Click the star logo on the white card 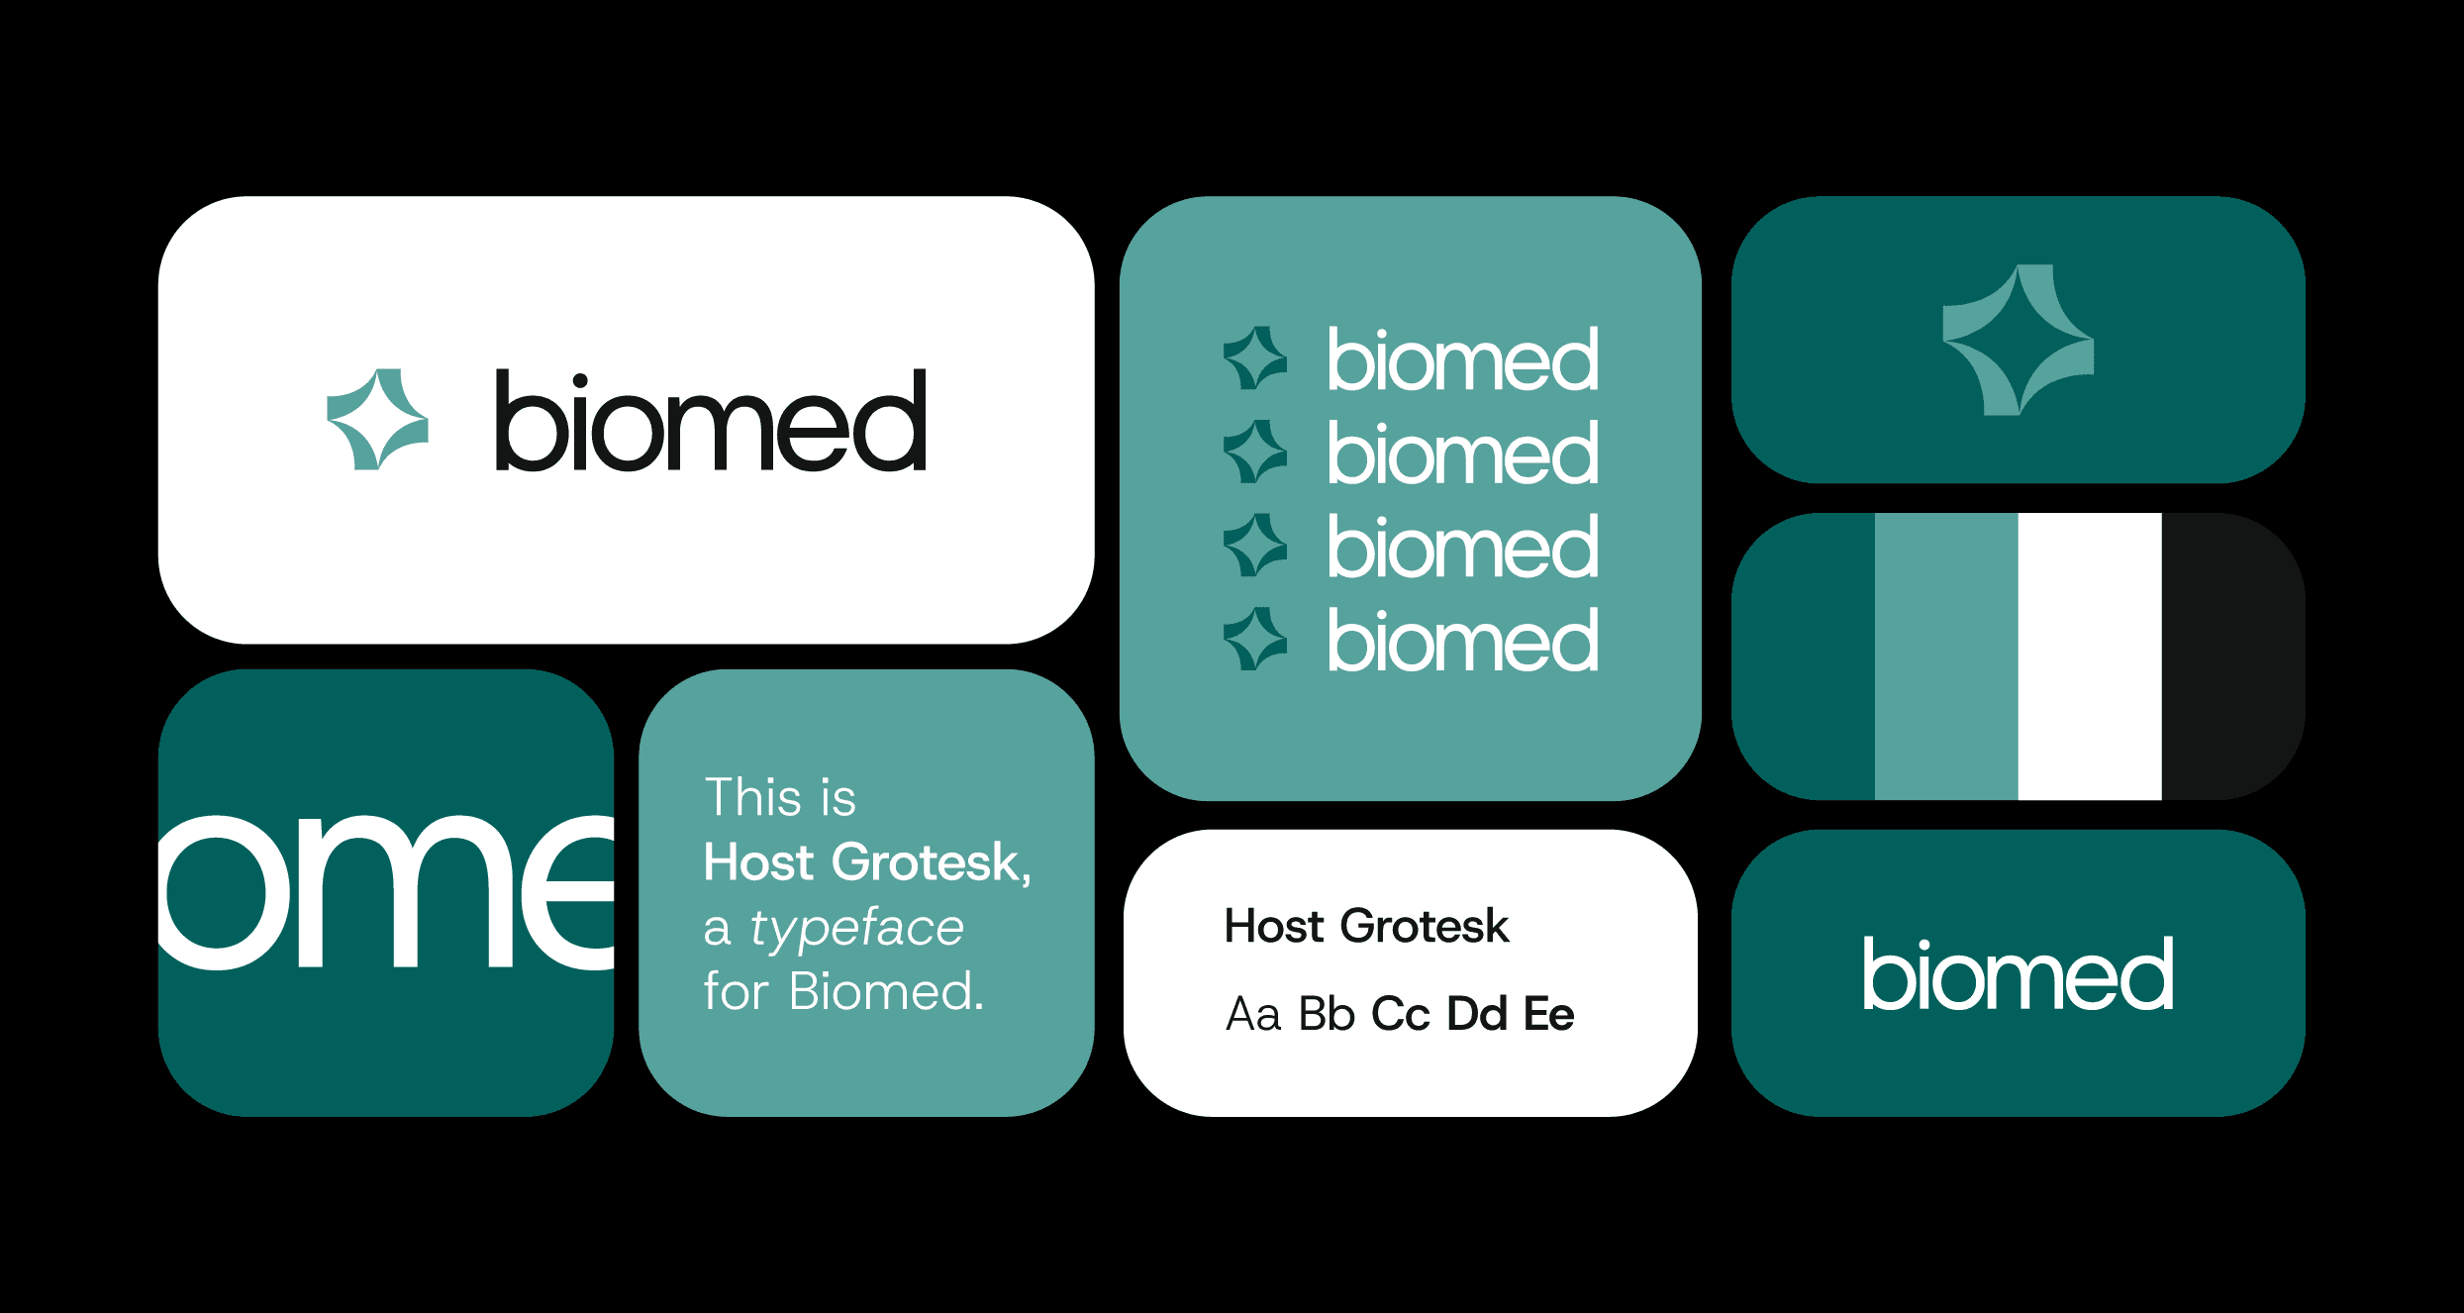[377, 420]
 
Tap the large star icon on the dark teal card [2018, 340]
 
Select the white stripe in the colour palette [2089, 656]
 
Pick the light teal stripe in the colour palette [1945, 656]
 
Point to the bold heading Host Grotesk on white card [1366, 926]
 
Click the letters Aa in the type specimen [1253, 1014]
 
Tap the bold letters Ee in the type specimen [1548, 1014]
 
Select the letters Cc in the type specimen [1400, 1014]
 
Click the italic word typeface [857, 929]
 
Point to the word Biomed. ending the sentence [886, 991]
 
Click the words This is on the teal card [780, 798]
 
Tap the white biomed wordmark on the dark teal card [2018, 974]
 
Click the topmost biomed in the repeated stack [1462, 359]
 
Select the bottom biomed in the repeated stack [1462, 641]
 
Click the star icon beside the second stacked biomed [1255, 452]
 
